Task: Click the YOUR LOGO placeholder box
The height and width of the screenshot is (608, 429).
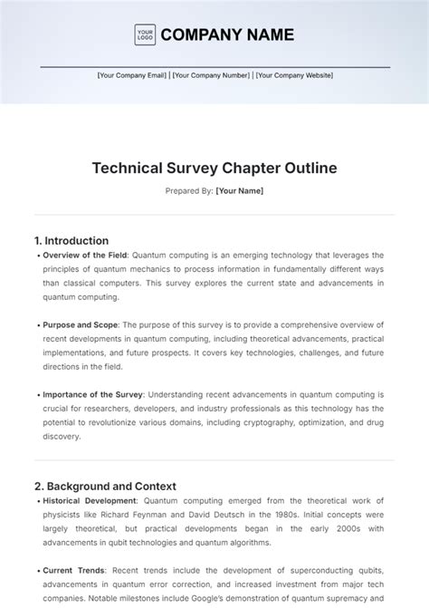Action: [x=145, y=35]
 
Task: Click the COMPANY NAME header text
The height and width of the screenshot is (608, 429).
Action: [x=227, y=35]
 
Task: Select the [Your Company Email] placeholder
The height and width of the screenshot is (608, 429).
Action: [x=132, y=76]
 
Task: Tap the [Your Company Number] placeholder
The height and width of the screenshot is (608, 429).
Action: [x=210, y=76]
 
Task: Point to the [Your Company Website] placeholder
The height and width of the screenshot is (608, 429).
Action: [x=294, y=76]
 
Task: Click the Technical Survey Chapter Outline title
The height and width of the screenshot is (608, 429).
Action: [x=214, y=168]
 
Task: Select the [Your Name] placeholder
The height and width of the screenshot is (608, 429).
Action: [x=240, y=191]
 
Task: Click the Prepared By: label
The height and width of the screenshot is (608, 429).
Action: [x=189, y=191]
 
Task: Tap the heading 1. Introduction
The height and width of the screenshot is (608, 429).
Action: [x=71, y=241]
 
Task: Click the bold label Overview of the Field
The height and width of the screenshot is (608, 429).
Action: [x=85, y=256]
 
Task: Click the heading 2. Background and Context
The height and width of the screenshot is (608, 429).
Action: [x=105, y=486]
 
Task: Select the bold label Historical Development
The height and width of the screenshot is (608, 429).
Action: [x=90, y=500]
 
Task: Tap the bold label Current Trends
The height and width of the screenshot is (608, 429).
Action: [x=73, y=570]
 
